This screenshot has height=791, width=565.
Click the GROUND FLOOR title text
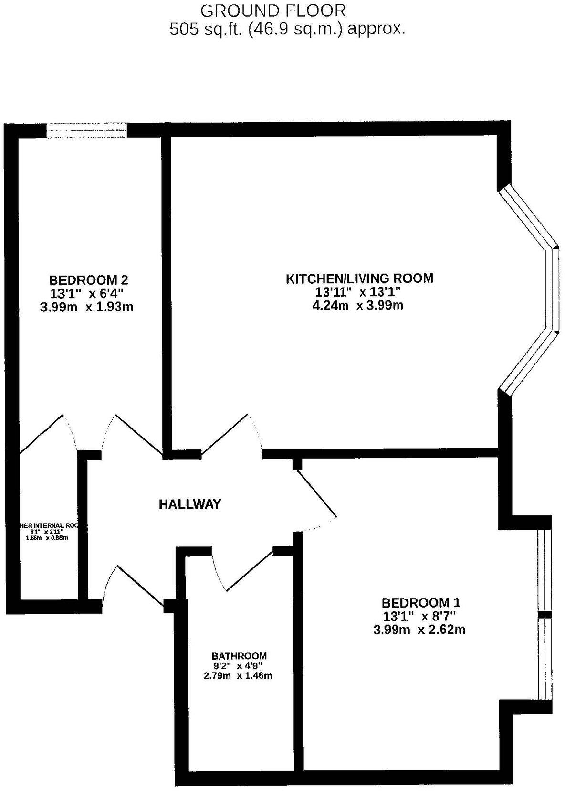(272, 10)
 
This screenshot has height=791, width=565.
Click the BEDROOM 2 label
(88, 279)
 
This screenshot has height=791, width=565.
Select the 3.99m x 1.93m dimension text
(86, 307)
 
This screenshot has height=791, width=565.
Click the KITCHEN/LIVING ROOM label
(359, 278)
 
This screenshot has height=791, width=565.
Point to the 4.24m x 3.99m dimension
(357, 305)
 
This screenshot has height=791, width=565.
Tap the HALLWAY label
(190, 504)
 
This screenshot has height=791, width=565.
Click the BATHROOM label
(239, 656)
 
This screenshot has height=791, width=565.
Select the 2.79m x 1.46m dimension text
(238, 676)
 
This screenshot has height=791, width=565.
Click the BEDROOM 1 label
(421, 602)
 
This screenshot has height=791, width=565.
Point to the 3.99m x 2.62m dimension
(419, 630)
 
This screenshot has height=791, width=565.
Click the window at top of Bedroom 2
(87, 130)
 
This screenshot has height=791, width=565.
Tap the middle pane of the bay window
(553, 289)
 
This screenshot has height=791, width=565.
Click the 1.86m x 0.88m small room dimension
(47, 538)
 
